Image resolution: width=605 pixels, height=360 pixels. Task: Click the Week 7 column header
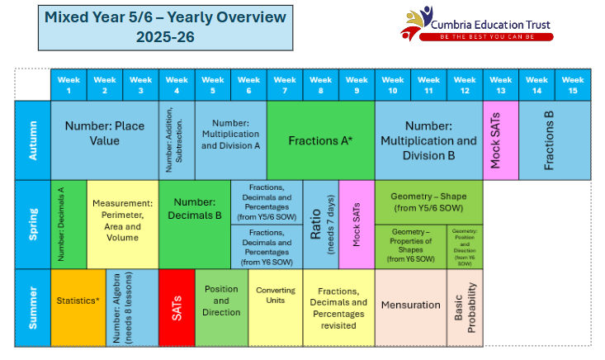285,85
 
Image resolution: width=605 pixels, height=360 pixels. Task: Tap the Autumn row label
32,140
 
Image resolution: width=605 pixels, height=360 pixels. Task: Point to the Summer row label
32,308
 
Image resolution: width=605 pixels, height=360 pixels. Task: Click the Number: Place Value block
104,135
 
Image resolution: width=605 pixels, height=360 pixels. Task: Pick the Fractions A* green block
320,141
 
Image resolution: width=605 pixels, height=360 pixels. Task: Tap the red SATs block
176,308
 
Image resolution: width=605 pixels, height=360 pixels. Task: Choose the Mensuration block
410,306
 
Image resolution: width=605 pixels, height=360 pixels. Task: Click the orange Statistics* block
78,301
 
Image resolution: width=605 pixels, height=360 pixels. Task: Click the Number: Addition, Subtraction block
176,141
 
